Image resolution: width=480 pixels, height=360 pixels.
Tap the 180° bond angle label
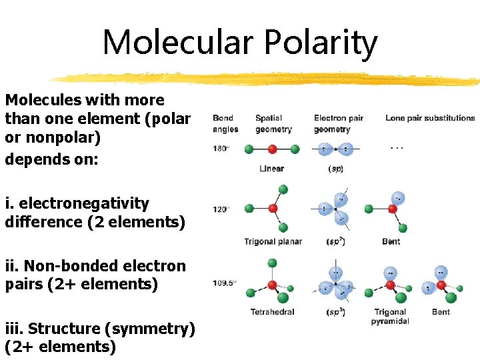pyautogui.click(x=221, y=149)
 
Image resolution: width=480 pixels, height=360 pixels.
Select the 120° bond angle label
pyautogui.click(x=221, y=209)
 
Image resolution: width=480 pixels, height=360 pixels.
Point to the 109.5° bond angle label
pyautogui.click(x=225, y=282)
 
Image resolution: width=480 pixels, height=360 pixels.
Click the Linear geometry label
pyautogui.click(x=271, y=169)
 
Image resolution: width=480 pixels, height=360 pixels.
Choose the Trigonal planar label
pyautogui.click(x=273, y=241)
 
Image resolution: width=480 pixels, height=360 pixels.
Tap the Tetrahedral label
pyautogui.click(x=272, y=312)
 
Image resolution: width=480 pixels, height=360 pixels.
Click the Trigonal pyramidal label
pyautogui.click(x=390, y=317)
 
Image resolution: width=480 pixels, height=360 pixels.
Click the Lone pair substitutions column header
pyautogui.click(x=430, y=118)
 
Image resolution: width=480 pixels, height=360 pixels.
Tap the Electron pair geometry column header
pyautogui.click(x=339, y=123)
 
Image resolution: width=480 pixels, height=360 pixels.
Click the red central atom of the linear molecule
pyautogui.click(x=272, y=149)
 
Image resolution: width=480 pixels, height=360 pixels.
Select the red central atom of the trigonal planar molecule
pyautogui.click(x=272, y=209)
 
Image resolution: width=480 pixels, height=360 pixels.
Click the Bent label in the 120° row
pyautogui.click(x=391, y=241)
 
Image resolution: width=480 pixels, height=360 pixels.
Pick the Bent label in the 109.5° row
pyautogui.click(x=441, y=312)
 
